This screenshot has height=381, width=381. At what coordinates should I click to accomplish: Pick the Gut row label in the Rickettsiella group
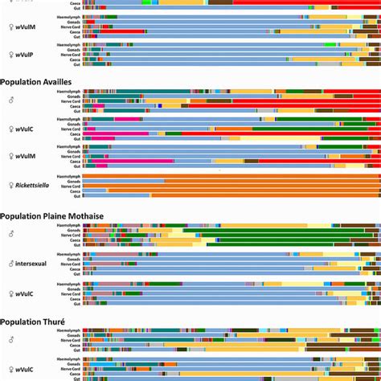point(77,195)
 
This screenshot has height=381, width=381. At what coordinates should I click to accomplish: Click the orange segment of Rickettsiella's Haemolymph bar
point(241,175)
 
